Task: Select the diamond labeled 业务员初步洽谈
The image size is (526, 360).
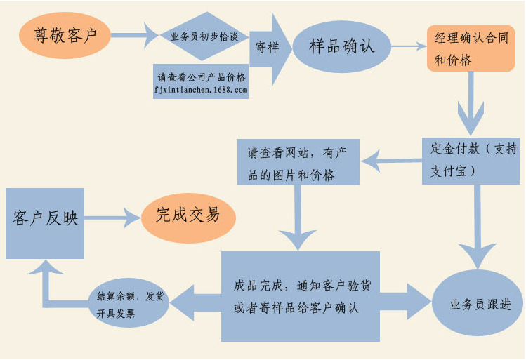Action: [x=203, y=34]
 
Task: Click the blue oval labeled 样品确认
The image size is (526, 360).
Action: [x=342, y=46]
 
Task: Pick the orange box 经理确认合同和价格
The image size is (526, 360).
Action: [x=471, y=49]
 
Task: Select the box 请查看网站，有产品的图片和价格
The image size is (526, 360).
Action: [x=298, y=163]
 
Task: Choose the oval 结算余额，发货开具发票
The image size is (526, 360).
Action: [x=131, y=305]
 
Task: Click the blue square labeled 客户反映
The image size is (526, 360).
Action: [x=45, y=222]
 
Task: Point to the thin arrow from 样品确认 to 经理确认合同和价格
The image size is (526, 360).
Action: [x=409, y=46]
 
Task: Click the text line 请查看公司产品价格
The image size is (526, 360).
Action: [x=202, y=77]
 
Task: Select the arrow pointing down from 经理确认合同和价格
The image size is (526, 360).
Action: [x=471, y=98]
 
